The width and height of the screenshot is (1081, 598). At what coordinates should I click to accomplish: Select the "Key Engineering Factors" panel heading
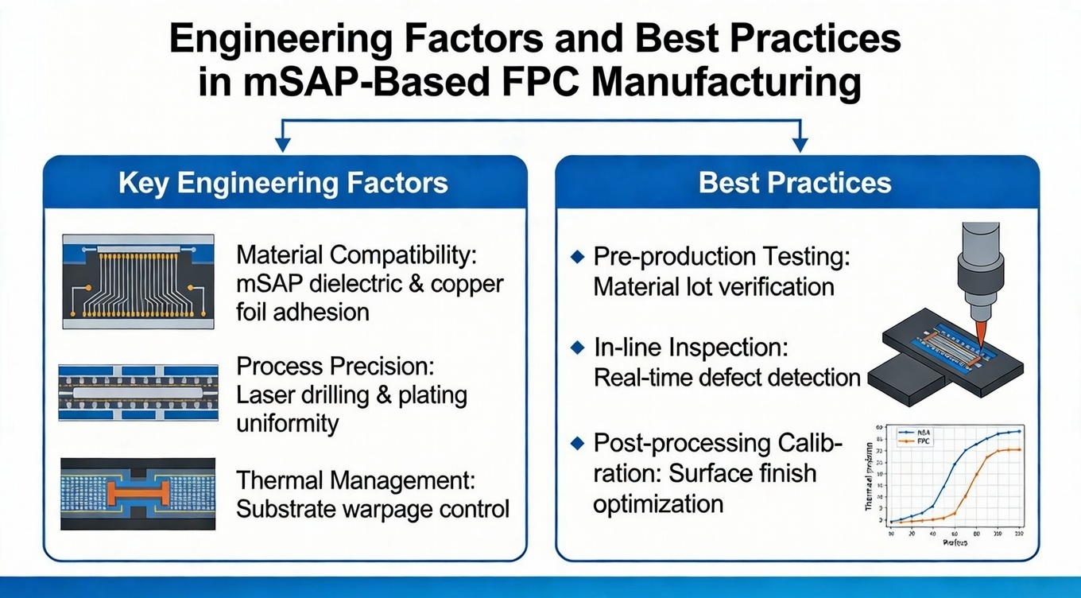pos(283,183)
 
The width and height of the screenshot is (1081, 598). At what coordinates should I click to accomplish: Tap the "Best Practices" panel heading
pos(796,183)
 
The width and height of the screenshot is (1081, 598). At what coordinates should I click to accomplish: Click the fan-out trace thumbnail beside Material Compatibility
pos(138,282)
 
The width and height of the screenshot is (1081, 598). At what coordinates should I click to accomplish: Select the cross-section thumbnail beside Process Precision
pos(138,393)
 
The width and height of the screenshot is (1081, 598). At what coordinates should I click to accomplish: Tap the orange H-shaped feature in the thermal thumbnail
pos(138,494)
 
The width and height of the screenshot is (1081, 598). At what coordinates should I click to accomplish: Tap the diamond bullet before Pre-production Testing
pos(578,257)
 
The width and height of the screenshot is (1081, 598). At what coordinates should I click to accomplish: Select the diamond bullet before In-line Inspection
pos(578,348)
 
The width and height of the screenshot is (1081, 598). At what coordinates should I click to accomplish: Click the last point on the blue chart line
pos(1019,431)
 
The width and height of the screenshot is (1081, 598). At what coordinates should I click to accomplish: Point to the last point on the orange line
pos(1019,450)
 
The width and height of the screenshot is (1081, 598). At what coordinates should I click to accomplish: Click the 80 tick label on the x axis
pos(975,534)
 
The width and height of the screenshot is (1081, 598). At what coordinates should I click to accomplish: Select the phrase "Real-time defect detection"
pos(726,377)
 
